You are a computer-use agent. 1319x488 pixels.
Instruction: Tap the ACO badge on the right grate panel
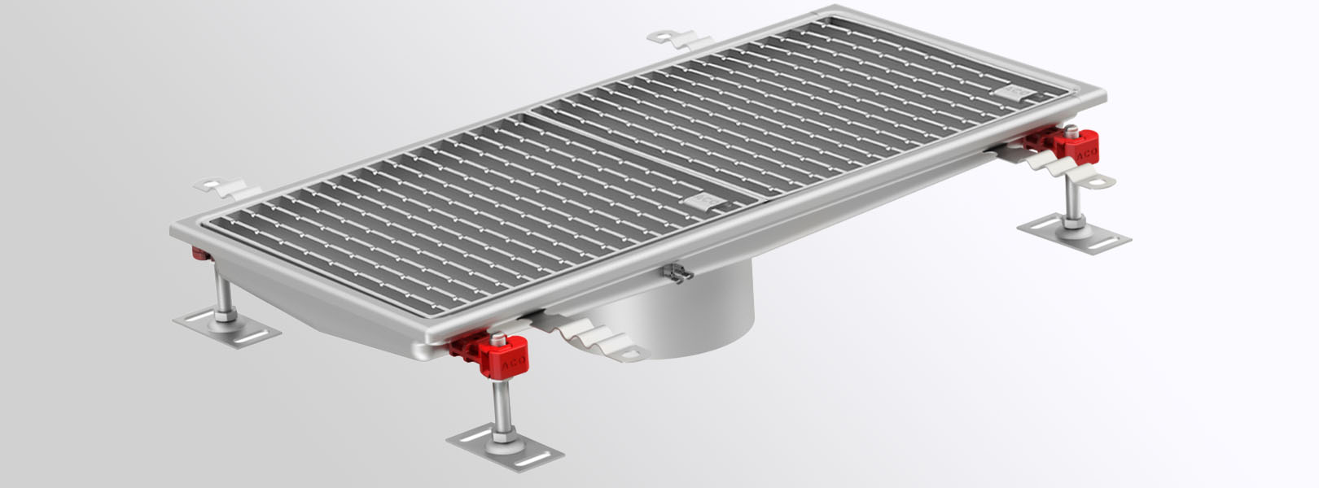coord(1019,93)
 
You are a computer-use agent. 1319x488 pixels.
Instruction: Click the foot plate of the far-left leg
coord(226,327)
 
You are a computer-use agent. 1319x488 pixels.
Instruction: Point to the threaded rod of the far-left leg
coord(222,289)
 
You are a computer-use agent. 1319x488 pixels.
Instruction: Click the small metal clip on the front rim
coord(677,273)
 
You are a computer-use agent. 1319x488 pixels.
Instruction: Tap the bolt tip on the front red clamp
coord(498,338)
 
